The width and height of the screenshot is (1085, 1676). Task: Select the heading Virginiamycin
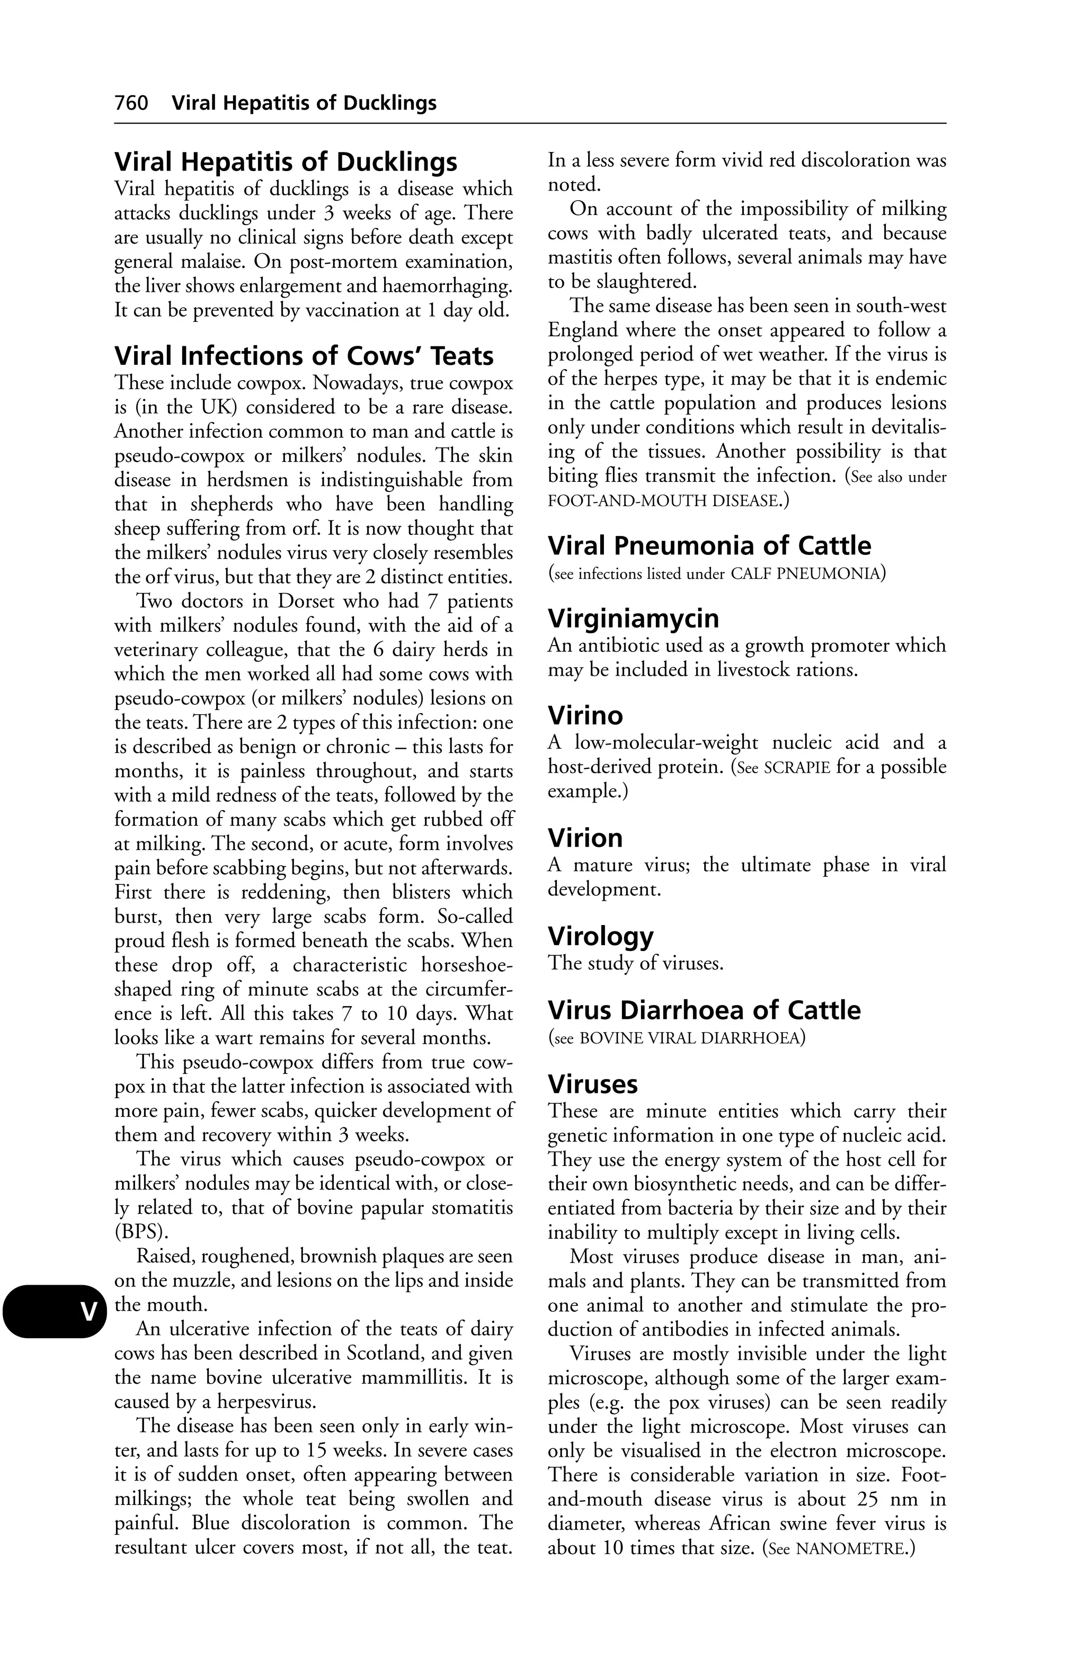634,619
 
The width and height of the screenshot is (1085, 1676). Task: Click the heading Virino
585,715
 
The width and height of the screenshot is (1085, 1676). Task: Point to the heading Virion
585,838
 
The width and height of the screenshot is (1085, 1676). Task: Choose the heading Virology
600,936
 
